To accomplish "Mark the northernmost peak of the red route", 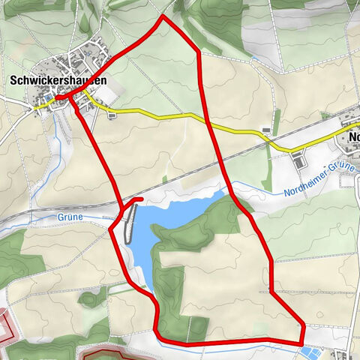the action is click(x=163, y=16).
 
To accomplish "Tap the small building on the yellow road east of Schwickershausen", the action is click(x=112, y=115).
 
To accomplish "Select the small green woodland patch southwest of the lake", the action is click(x=93, y=298).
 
